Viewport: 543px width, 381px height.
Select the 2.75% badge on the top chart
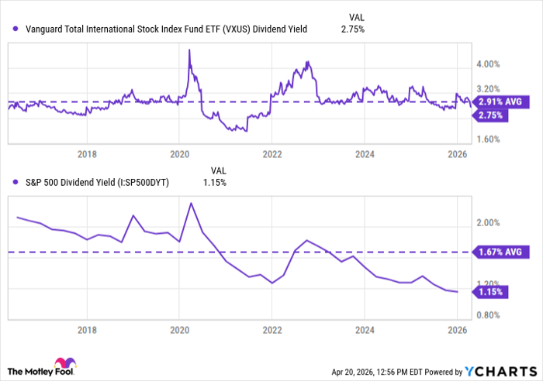tap(492, 115)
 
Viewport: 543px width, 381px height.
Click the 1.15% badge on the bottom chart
tap(492, 292)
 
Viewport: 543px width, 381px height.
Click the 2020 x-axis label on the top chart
tap(179, 153)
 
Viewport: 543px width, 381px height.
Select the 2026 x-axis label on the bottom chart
tap(456, 328)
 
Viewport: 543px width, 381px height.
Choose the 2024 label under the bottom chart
tap(364, 328)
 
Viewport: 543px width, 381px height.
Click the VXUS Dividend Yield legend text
tap(166, 29)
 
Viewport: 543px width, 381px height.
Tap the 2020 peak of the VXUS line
tap(189, 50)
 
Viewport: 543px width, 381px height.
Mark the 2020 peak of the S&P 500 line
tap(191, 203)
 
